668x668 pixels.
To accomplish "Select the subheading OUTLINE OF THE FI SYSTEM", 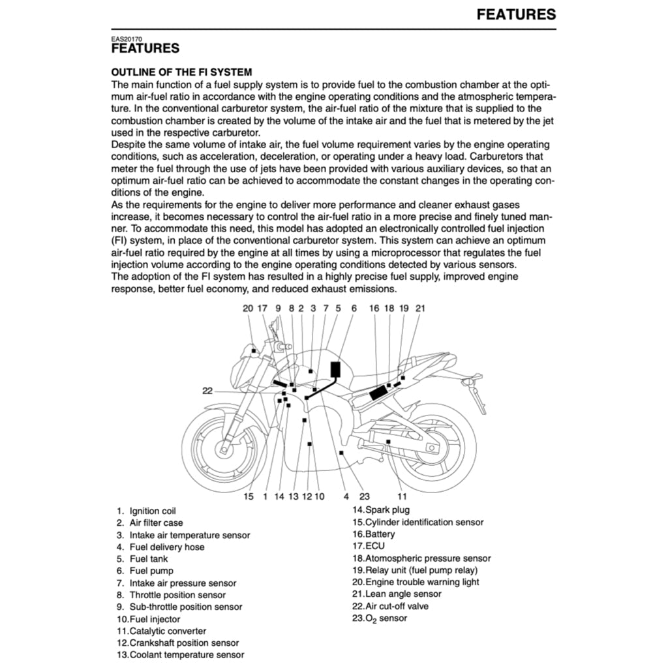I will (181, 72).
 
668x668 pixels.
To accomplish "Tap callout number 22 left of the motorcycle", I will (207, 391).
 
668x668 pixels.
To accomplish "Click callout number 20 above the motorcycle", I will (248, 308).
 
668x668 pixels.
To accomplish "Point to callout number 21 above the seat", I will (420, 308).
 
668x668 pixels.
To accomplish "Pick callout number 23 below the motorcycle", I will (364, 496).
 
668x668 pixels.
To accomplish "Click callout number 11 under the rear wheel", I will (402, 496).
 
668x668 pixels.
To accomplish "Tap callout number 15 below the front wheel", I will (249, 496).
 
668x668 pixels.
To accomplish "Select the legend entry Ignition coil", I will (153, 511).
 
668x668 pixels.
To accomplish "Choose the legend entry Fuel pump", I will (151, 571).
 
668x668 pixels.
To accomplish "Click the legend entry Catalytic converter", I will (168, 631).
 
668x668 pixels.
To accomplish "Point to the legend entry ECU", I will (375, 545).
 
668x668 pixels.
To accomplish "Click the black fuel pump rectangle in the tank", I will (336, 369).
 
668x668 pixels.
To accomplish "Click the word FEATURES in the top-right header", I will (516, 14).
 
